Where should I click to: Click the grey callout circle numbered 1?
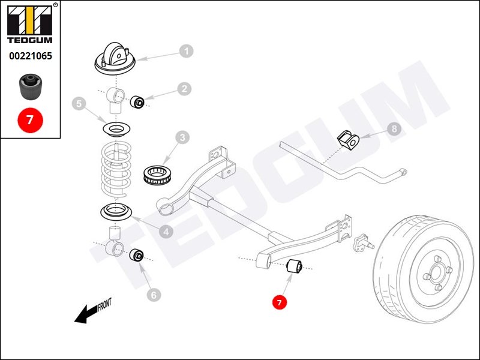(187, 51)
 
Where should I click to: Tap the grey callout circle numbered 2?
(184, 89)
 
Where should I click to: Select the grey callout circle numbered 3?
(182, 139)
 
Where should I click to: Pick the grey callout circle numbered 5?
(79, 104)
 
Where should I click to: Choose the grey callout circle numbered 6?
(154, 295)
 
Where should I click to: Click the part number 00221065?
(30, 57)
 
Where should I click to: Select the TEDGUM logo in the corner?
(30, 25)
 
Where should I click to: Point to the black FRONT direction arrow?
(87, 312)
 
